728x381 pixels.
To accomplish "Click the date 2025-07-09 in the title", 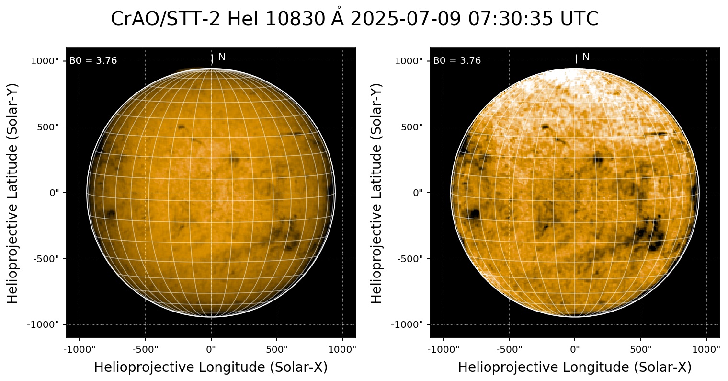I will point(404,19).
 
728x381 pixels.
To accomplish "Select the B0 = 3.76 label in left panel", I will point(93,61).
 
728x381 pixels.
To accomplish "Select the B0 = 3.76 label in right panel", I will point(457,61).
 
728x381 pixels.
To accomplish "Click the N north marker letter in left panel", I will point(222,57).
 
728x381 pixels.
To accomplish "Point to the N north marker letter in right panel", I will point(586,57).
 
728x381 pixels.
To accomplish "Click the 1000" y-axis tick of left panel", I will point(46,61).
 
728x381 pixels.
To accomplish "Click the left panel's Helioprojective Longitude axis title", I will point(211,367).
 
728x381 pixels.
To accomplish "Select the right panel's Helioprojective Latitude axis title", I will point(377,193).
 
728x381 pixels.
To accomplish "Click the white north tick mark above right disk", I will point(576,58).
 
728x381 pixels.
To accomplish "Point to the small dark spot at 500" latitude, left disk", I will point(181,127).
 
